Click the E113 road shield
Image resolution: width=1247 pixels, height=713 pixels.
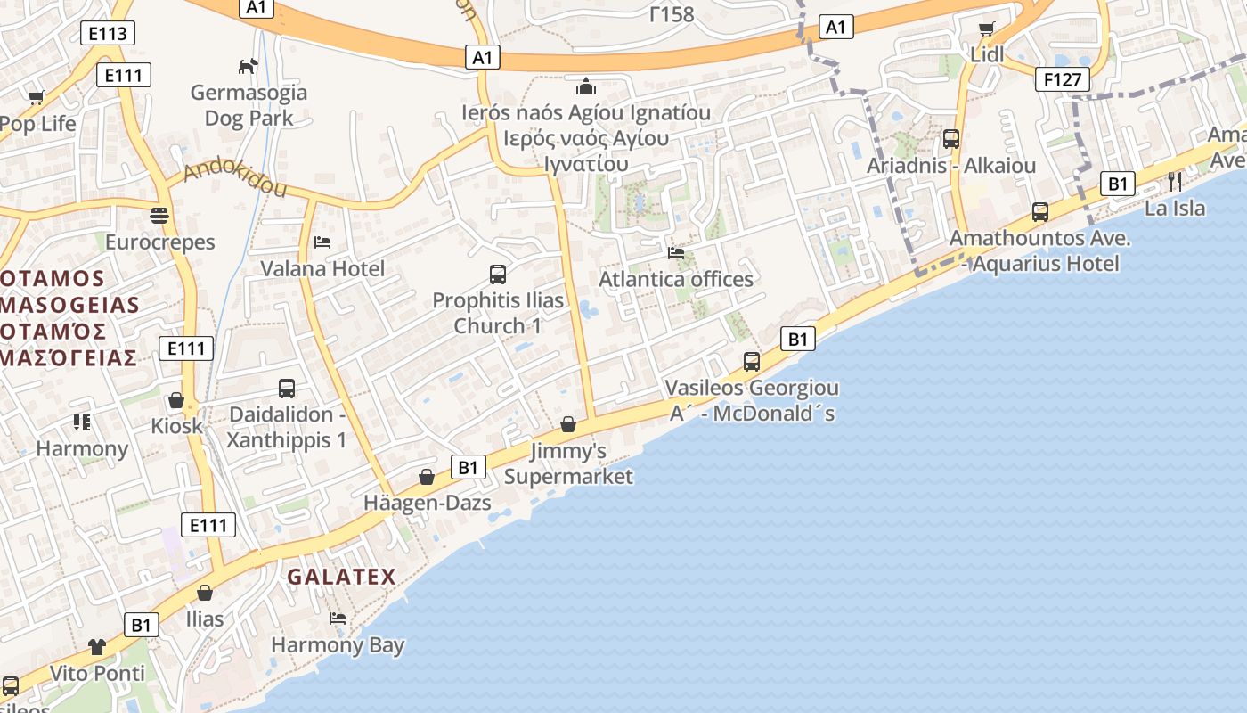coord(107,34)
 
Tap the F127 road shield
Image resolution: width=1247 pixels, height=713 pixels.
coord(1063,79)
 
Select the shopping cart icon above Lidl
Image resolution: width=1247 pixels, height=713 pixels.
coord(987,29)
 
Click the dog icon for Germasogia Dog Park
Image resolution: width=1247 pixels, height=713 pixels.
coord(249,66)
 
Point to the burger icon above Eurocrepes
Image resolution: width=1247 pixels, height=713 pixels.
coord(160,216)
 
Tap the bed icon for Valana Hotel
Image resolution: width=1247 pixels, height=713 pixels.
coord(322,242)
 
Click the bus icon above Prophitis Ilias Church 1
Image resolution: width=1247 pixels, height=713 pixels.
coord(498,275)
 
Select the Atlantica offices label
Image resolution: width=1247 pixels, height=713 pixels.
coord(676,279)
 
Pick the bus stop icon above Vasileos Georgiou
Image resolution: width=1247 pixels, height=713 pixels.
coord(752,362)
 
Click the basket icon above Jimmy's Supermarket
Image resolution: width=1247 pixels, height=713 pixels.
coord(568,424)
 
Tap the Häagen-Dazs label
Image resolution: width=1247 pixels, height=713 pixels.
coord(427,503)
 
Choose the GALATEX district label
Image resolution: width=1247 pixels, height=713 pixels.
coord(341,577)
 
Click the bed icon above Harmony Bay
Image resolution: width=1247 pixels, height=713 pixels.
coord(337,619)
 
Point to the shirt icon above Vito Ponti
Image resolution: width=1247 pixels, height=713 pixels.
coord(97,647)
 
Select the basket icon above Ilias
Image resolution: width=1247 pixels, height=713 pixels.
coord(205,593)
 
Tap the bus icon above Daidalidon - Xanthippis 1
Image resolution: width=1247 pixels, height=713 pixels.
coord(286,389)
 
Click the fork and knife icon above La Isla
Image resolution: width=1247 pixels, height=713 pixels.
coord(1175,183)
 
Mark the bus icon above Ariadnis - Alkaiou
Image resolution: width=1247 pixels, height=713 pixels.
coord(951,140)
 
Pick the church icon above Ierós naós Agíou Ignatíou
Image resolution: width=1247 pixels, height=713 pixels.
coord(585,86)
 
